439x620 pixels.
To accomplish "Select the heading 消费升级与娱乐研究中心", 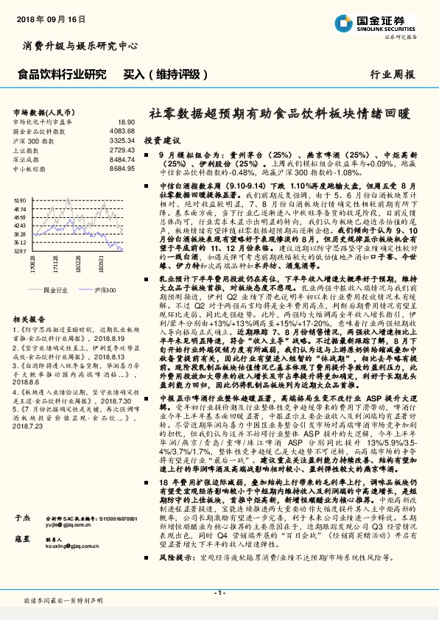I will (81, 46).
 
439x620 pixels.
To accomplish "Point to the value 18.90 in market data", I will (126, 121).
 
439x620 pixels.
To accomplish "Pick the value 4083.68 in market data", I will (122, 130).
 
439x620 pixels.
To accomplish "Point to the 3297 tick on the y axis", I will (20, 251).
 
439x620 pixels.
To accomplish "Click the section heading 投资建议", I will (161, 139).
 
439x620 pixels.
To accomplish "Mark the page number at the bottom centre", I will (219, 593).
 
